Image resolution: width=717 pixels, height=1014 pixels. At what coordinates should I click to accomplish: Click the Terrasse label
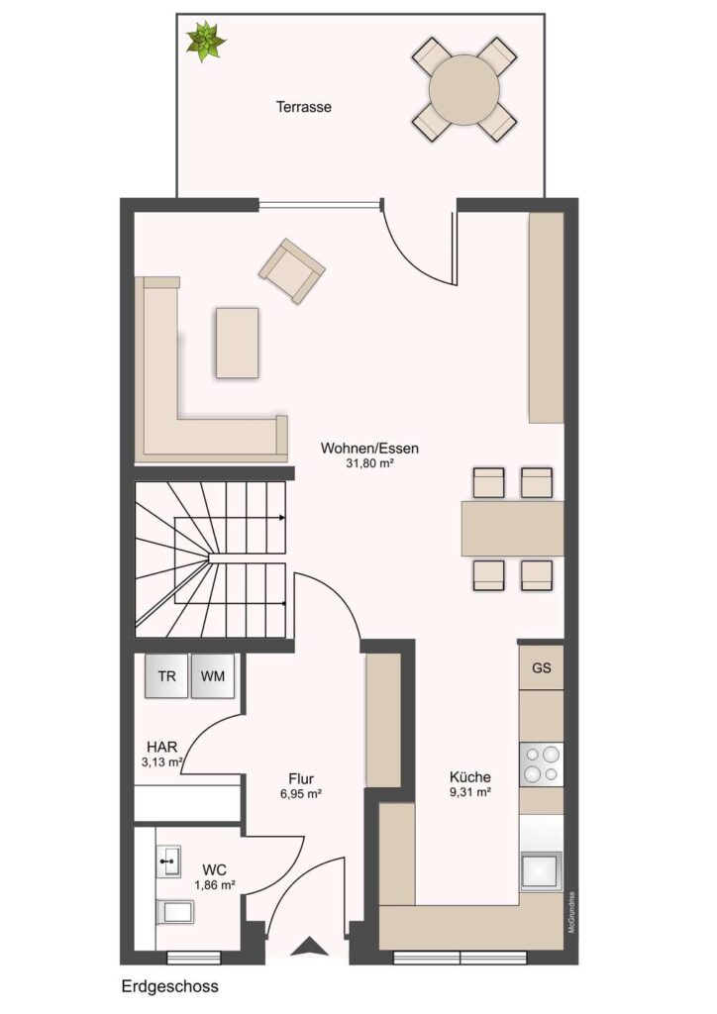click(x=304, y=107)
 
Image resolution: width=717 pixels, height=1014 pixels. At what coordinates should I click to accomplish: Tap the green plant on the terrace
click(x=206, y=42)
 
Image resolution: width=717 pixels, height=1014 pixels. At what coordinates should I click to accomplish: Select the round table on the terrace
click(x=464, y=89)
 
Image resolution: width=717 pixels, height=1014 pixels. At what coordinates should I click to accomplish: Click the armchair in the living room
click(x=292, y=271)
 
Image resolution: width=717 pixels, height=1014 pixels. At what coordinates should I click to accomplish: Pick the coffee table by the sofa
click(x=238, y=343)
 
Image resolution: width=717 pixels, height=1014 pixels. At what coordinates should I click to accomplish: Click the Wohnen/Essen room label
click(x=369, y=448)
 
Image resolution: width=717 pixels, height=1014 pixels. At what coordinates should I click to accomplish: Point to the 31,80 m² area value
click(x=369, y=463)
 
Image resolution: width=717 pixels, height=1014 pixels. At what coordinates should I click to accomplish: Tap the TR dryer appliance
click(x=166, y=675)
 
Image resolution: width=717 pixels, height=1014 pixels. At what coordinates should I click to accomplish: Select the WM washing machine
click(x=213, y=675)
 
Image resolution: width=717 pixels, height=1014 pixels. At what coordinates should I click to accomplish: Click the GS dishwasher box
click(x=542, y=667)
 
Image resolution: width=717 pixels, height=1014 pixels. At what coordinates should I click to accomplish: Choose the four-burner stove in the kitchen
click(x=542, y=763)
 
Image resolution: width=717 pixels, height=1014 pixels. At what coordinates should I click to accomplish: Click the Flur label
click(x=301, y=779)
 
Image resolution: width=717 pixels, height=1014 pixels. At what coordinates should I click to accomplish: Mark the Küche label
click(x=470, y=777)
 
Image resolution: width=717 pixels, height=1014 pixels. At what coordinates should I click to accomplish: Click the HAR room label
click(x=161, y=748)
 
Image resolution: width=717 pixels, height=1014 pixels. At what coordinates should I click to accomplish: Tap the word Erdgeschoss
click(x=170, y=987)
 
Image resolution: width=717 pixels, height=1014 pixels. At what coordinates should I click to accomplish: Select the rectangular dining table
click(x=513, y=529)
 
